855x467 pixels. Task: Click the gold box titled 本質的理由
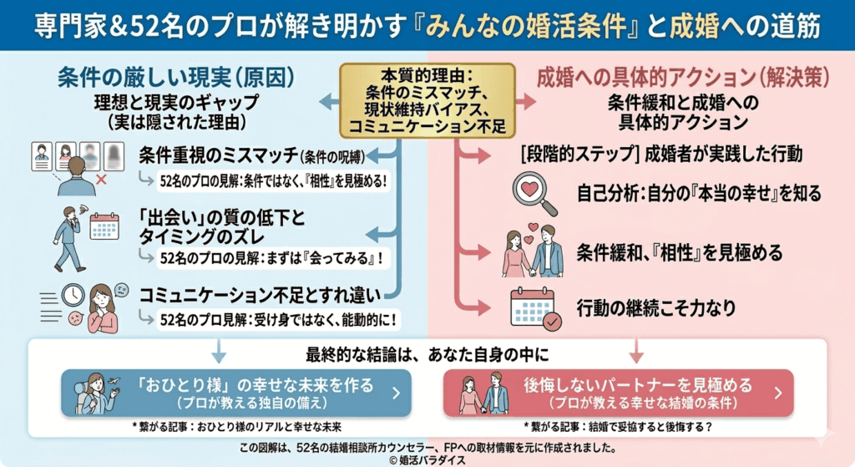tap(427, 99)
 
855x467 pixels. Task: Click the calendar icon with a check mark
tap(535, 307)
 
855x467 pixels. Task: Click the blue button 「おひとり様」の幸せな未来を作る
tap(235, 393)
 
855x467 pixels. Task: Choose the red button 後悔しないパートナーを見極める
tap(618, 393)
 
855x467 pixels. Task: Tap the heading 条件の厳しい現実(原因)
tap(176, 78)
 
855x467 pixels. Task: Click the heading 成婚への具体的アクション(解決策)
tap(683, 78)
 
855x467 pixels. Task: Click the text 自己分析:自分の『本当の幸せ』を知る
tap(699, 194)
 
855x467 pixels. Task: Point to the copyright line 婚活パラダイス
tap(427, 459)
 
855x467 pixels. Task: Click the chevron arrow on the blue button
tap(395, 393)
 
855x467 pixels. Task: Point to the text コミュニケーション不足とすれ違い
tap(260, 295)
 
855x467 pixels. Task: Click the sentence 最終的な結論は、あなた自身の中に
tap(427, 353)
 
